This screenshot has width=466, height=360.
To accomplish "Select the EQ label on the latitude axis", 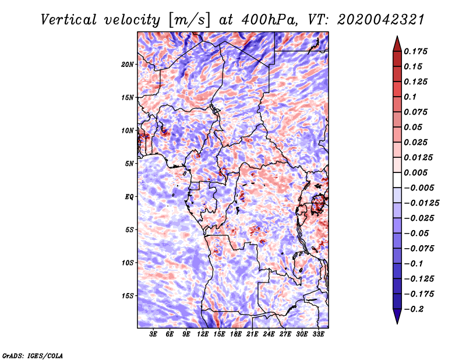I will coord(129,196).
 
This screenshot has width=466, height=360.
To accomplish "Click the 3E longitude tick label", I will coord(153,334).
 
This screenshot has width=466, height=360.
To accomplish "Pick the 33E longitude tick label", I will coord(319,334).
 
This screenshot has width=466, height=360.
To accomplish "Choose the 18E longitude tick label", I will coord(236,334).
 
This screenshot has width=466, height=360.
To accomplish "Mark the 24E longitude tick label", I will coord(269,334).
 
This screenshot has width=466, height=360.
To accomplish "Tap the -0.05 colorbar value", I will coord(417,233).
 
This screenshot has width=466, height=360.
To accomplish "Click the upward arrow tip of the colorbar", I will coord(397,38).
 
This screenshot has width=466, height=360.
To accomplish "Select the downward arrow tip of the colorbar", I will coord(397,322).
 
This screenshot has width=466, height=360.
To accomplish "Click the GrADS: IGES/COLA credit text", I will coord(32,355).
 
